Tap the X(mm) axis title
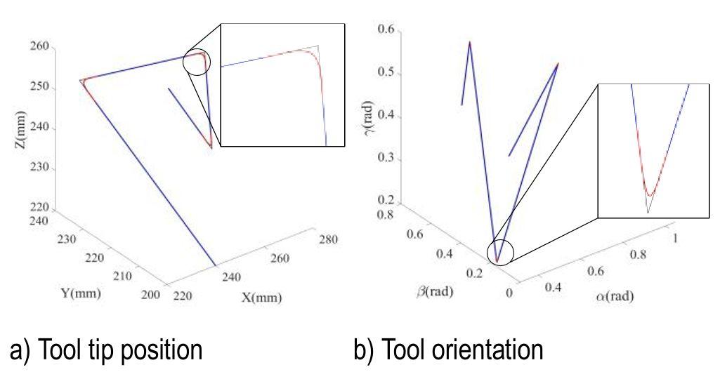tap(262, 297)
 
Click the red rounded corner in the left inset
tap(311, 55)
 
